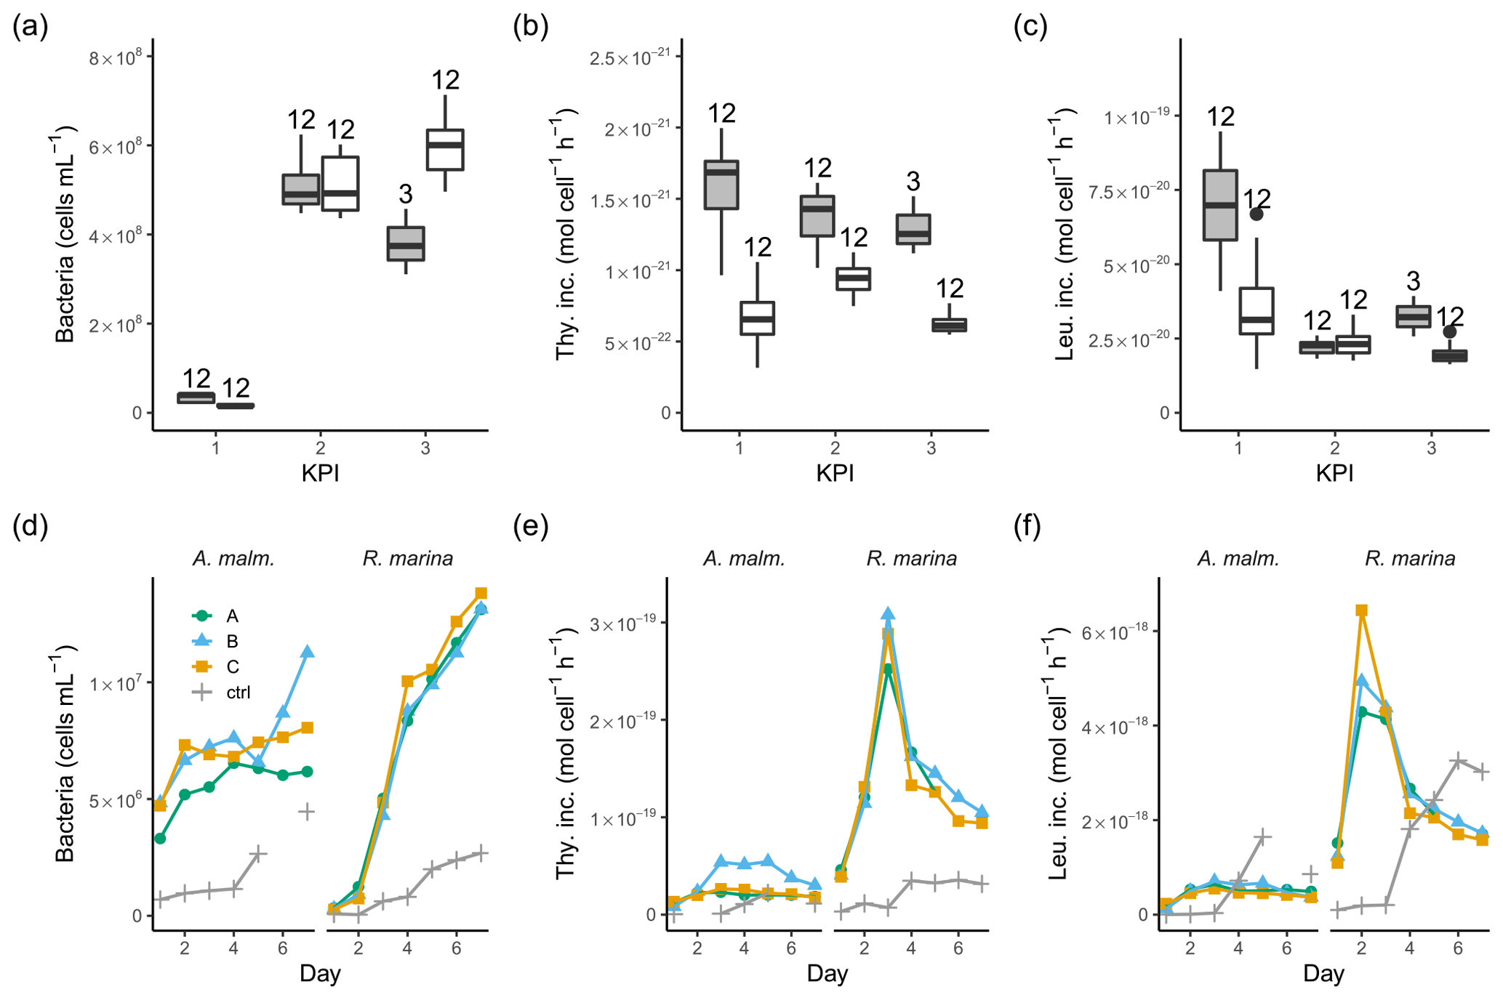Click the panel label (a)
30,27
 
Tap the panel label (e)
530,526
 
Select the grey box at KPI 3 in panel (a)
406,244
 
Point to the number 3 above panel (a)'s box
406,194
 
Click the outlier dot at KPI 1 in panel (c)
1256,214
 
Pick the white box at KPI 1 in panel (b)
757,318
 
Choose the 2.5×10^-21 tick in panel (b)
630,57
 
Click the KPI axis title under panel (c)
1334,474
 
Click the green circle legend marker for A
202,616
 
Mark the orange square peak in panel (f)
1361,610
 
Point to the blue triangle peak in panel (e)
888,615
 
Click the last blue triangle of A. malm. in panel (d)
308,652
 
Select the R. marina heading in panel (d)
407,558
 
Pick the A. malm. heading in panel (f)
1238,558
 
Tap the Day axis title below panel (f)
1323,974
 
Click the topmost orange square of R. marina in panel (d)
481,594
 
